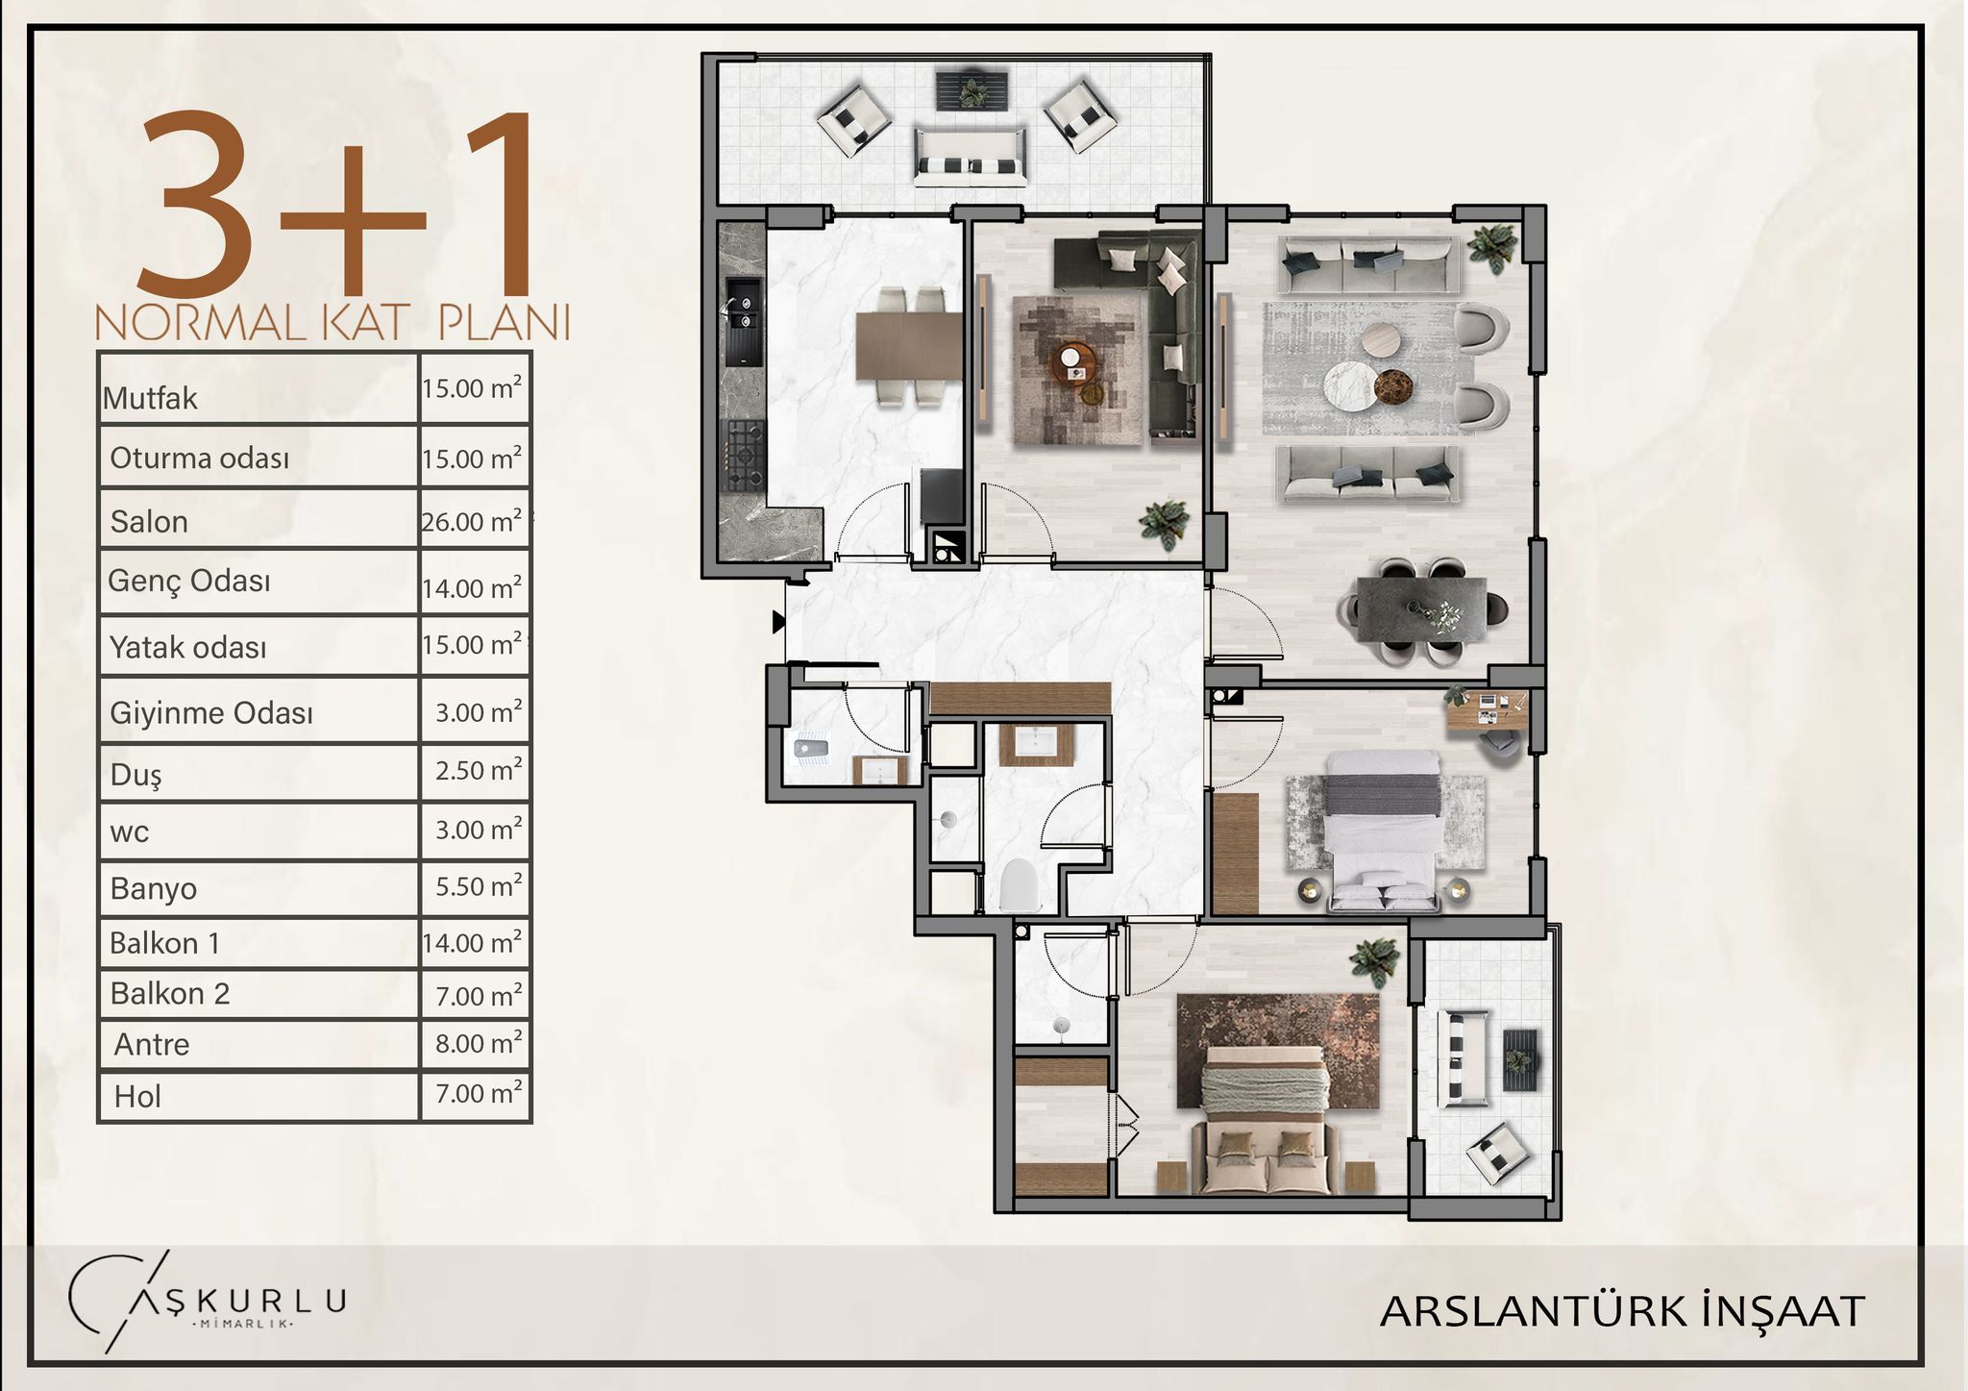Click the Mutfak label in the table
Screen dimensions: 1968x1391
(150, 398)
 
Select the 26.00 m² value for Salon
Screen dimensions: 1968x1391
(472, 521)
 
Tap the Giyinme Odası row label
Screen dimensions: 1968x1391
(211, 713)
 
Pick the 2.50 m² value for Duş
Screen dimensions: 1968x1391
(479, 770)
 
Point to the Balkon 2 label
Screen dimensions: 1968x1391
(170, 993)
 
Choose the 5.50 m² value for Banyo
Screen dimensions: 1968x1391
(479, 885)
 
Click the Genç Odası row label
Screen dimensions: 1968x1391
(189, 581)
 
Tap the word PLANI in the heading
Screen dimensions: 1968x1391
(504, 323)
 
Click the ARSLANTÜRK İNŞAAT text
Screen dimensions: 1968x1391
(1622, 1311)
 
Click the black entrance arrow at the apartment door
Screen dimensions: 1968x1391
(778, 623)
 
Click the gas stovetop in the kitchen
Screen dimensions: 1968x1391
(744, 455)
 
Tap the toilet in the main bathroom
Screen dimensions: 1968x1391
(1021, 884)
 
